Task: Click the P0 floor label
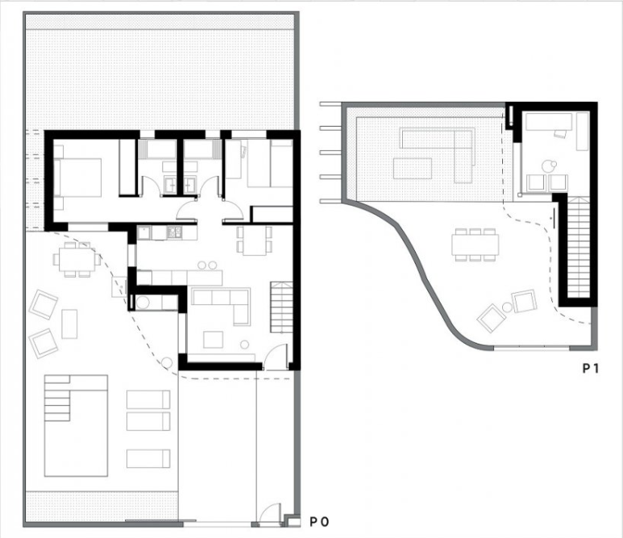319,521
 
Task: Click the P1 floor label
591,369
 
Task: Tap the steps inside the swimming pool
57,398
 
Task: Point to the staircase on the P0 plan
282,307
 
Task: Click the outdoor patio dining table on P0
77,259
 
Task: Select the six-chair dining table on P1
476,244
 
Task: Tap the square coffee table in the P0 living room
213,340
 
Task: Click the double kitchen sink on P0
174,231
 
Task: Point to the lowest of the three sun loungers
148,458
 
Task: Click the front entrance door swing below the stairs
276,355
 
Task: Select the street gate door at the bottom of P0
270,512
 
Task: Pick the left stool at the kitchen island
201,265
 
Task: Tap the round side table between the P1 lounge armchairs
507,307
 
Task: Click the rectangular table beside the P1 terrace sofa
413,169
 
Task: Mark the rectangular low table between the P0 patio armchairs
69,323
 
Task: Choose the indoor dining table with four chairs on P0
255,240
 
